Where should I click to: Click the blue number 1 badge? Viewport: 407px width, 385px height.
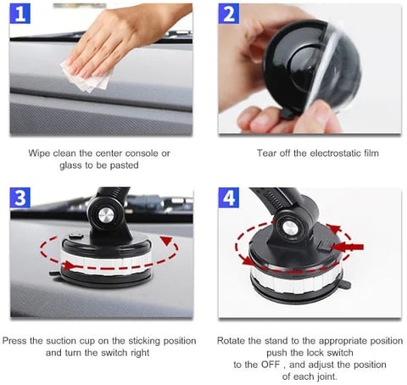[x=20, y=14]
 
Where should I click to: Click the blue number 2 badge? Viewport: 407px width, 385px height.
[x=229, y=14]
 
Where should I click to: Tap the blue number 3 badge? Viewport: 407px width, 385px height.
[x=20, y=198]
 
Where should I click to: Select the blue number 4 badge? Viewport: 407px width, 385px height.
[x=229, y=198]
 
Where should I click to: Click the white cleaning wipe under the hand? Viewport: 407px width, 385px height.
[x=87, y=76]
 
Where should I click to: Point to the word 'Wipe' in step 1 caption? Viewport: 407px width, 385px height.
[x=39, y=153]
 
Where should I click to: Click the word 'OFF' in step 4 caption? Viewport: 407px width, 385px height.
[x=270, y=365]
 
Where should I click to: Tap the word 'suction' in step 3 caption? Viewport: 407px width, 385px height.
[x=61, y=341]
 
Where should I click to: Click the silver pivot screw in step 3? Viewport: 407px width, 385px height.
[x=106, y=215]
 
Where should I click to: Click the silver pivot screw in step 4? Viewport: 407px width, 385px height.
[x=288, y=228]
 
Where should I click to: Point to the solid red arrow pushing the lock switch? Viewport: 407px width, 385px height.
[x=348, y=247]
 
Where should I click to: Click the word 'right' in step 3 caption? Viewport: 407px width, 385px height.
[x=140, y=353]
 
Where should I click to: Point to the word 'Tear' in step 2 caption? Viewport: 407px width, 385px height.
[x=265, y=153]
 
